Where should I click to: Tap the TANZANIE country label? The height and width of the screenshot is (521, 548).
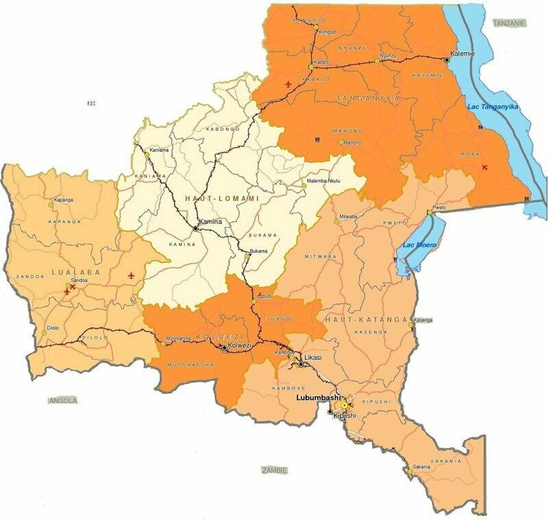(510, 23)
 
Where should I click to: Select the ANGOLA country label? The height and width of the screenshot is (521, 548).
(63, 401)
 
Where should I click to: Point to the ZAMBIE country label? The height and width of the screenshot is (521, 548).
(275, 470)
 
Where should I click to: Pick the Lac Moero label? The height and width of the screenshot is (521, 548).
(419, 244)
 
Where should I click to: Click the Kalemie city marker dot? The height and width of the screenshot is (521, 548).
(447, 60)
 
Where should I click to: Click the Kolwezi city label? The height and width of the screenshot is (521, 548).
(240, 346)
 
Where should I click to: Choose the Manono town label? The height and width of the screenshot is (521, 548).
(352, 142)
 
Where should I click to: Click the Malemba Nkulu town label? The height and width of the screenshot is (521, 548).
(324, 184)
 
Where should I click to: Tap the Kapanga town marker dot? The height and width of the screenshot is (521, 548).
(50, 204)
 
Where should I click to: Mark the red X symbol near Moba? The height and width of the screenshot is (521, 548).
(485, 167)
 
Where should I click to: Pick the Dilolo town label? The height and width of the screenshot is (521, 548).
(53, 328)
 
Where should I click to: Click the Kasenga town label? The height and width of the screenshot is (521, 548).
(423, 320)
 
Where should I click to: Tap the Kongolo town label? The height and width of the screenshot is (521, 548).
(327, 31)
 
